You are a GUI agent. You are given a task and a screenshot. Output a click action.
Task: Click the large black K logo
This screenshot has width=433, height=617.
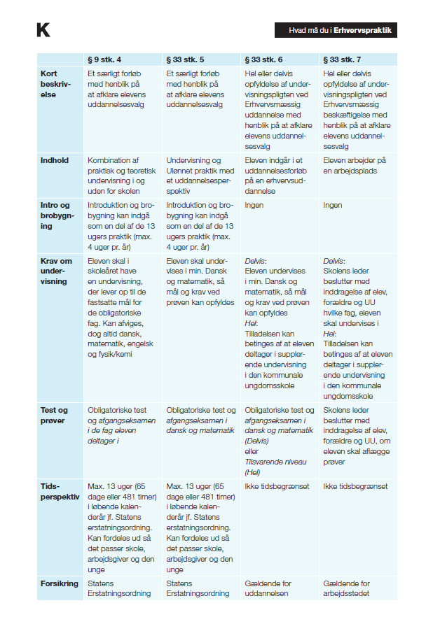click(43, 30)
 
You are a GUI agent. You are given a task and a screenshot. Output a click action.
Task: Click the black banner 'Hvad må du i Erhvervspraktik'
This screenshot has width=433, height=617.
click(336, 31)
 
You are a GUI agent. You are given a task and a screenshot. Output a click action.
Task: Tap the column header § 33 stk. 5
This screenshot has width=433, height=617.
click(186, 59)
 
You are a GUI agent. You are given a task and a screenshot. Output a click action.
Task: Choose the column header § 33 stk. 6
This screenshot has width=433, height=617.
click(264, 59)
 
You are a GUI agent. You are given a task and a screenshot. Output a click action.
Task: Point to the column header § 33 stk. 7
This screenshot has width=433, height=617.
click(343, 59)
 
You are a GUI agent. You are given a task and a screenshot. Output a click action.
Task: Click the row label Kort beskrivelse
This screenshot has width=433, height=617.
click(53, 84)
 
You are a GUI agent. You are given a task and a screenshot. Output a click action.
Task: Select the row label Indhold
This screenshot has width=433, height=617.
click(55, 160)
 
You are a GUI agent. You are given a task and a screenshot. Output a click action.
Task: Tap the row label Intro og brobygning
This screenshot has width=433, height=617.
click(56, 211)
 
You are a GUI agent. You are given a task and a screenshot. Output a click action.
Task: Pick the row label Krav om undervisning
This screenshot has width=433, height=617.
click(56, 271)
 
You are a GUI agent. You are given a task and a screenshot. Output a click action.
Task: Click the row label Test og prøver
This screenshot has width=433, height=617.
click(55, 415)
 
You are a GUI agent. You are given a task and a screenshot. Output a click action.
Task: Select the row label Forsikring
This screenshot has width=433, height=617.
click(60, 583)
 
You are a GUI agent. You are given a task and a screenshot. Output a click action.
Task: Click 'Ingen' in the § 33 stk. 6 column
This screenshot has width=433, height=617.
click(254, 206)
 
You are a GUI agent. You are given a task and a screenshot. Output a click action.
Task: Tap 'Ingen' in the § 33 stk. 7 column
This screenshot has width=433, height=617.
click(332, 206)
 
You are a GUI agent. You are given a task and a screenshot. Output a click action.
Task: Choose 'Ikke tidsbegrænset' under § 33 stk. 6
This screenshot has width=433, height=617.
click(277, 486)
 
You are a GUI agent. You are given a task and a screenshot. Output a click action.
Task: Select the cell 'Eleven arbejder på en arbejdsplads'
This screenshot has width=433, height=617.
click(356, 165)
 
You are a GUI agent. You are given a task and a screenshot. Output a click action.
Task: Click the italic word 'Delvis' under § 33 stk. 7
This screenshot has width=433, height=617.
click(334, 260)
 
